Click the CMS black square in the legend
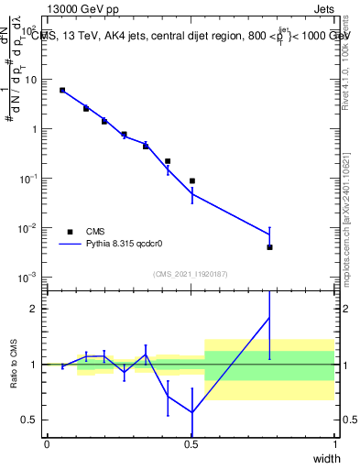tap(70, 232)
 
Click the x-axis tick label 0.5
tap(191, 443)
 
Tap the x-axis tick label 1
tap(335, 443)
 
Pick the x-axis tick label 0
tap(47, 443)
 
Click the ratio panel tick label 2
tap(32, 310)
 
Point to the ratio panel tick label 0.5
tap(28, 420)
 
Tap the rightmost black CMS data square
tap(269, 247)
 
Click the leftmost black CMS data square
tap(62, 90)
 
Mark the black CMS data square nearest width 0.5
tap(192, 180)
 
